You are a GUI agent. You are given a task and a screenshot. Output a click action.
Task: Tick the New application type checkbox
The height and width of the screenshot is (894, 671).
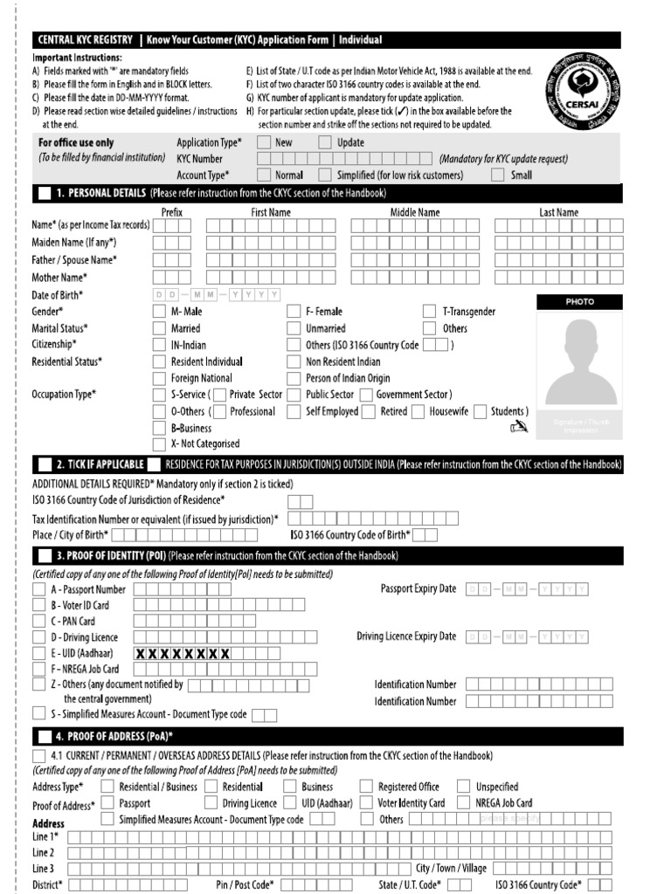click(264, 142)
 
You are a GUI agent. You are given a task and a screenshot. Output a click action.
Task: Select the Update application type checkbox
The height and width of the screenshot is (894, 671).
click(325, 142)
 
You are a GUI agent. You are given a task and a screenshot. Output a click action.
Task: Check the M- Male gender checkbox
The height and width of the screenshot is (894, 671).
click(159, 312)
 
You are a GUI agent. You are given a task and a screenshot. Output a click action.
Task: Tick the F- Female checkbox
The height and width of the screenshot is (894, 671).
click(294, 312)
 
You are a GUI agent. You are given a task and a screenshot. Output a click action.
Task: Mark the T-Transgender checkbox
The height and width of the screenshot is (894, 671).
click(429, 312)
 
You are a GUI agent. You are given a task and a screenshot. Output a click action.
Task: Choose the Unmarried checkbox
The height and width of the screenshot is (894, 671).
click(294, 328)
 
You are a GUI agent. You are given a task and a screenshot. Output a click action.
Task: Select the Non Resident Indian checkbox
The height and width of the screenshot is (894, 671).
click(294, 361)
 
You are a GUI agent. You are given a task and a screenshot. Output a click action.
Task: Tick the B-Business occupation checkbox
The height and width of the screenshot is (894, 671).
click(159, 428)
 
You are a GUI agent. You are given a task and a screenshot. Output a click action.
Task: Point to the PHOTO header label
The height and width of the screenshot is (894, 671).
click(579, 301)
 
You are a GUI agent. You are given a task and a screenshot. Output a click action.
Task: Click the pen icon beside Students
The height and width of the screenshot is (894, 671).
click(519, 426)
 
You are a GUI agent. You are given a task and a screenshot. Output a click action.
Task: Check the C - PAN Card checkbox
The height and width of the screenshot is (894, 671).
click(39, 621)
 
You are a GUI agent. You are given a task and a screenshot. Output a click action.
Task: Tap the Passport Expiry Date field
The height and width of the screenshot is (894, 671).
click(528, 589)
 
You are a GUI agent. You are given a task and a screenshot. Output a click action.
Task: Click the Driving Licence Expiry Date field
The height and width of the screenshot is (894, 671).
click(528, 636)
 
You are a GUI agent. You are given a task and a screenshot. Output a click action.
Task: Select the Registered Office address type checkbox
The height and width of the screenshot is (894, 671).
click(366, 787)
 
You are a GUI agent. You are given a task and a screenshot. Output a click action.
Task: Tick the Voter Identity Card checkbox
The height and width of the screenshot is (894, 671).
click(366, 803)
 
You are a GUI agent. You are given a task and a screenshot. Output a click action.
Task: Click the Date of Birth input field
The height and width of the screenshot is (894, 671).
click(216, 295)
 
